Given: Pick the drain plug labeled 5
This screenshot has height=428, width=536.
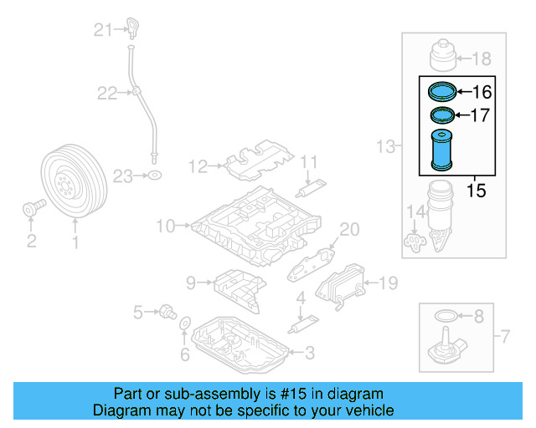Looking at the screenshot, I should click(x=167, y=313).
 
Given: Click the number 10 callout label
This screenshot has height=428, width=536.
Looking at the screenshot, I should click(x=163, y=225).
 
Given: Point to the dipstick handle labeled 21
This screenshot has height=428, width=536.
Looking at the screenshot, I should click(x=132, y=26).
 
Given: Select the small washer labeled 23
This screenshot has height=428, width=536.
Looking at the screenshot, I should click(x=154, y=176).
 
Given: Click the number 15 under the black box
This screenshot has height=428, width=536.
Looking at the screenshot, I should click(x=475, y=191).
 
